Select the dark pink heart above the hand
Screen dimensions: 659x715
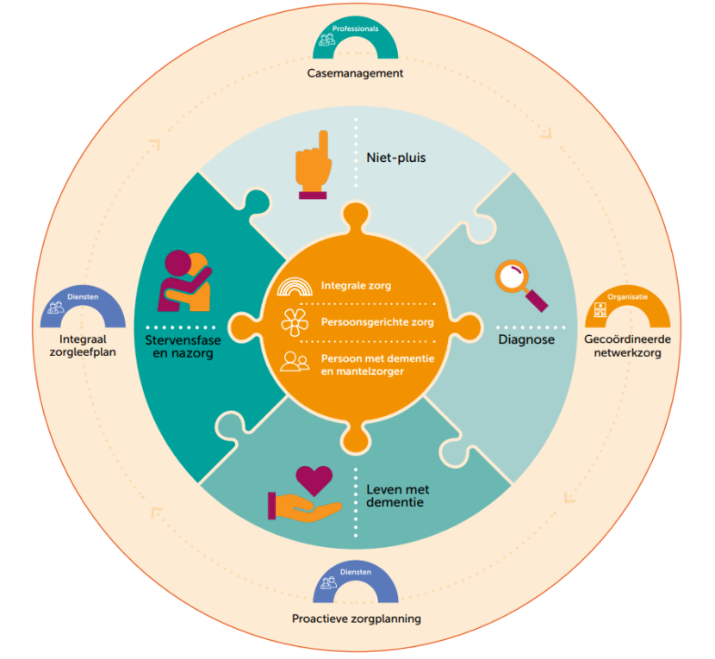point(313,479)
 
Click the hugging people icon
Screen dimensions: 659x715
point(184,280)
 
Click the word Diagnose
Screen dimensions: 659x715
point(526,339)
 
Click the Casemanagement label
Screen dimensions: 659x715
point(355,73)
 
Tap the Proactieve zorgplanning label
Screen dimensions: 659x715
point(356,619)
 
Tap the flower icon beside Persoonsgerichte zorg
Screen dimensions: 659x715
point(295,323)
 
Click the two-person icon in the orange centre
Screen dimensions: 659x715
point(295,362)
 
